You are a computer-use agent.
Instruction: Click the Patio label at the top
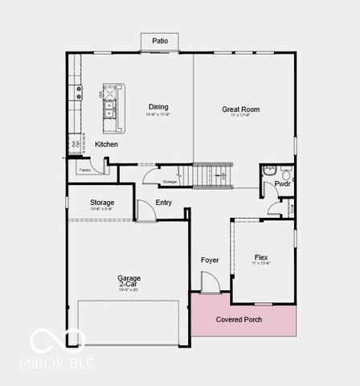point(160,40)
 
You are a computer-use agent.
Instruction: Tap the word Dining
point(158,107)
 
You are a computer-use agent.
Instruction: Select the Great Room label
point(240,109)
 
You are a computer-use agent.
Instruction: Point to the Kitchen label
point(106,145)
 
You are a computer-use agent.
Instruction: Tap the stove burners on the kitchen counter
point(79,92)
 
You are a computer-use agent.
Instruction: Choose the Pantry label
point(84,170)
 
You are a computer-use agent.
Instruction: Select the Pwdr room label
point(282,184)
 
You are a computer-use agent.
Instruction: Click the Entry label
point(163,203)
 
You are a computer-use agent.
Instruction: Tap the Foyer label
point(210,260)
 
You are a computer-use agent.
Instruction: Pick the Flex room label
point(261,257)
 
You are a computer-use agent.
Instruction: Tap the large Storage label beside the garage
point(102,203)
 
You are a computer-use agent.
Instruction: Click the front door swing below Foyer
point(207,283)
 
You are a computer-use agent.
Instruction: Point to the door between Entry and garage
point(145,211)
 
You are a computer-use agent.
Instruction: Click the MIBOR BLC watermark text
point(57,363)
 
